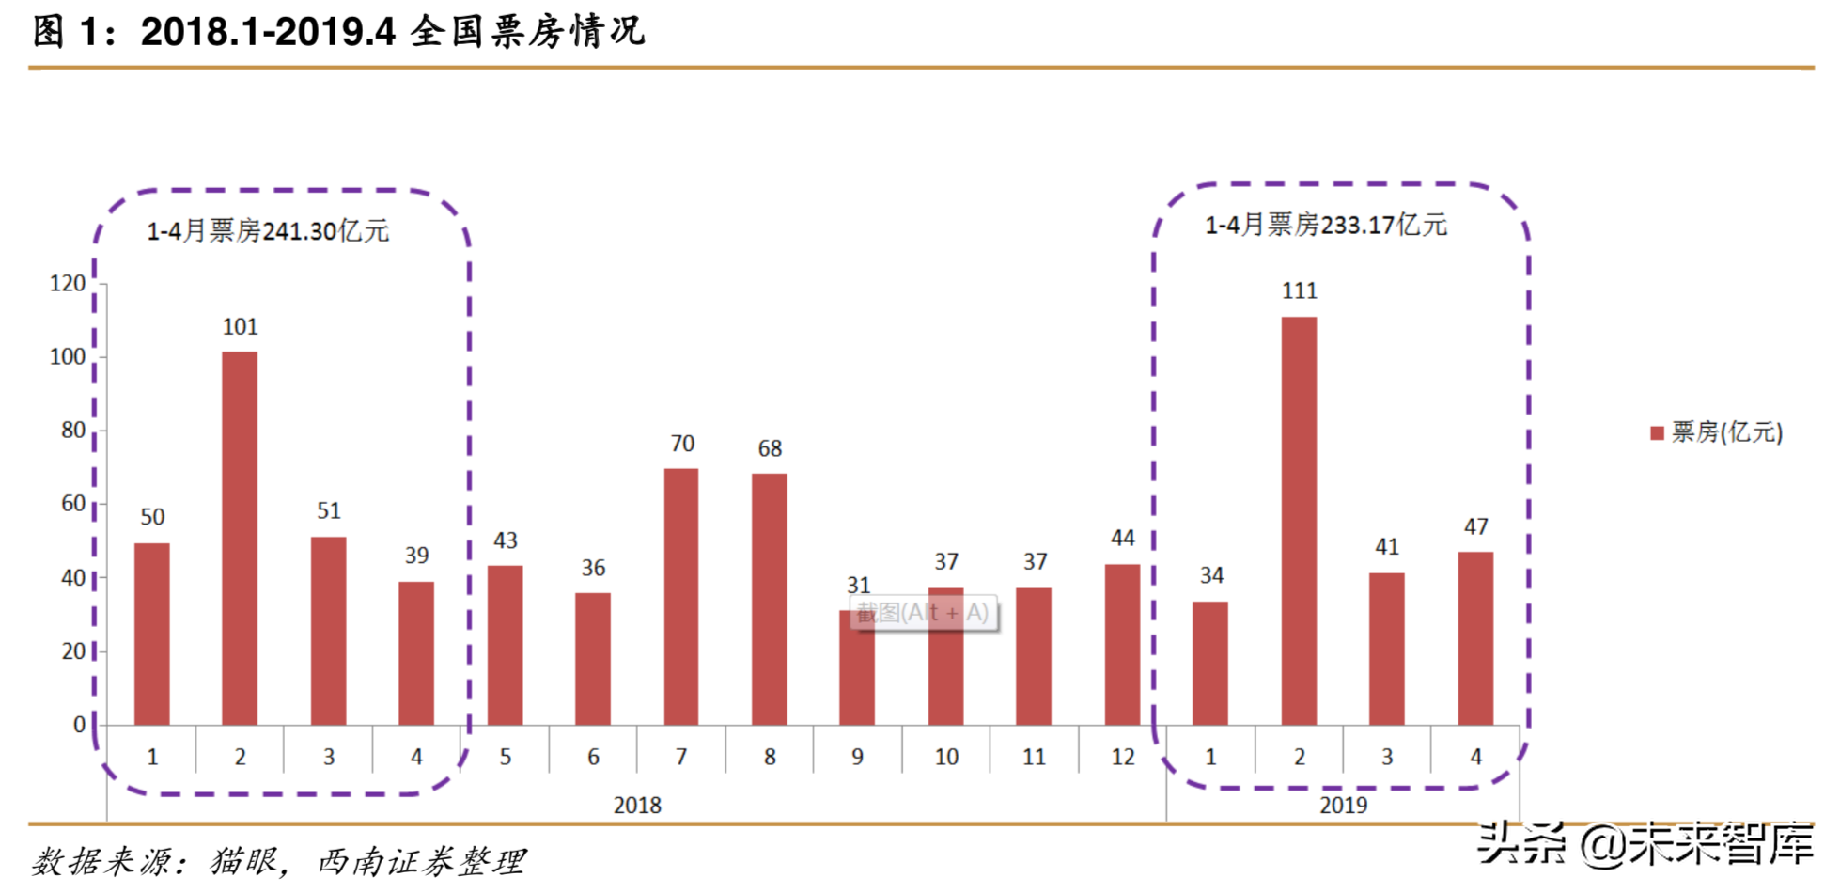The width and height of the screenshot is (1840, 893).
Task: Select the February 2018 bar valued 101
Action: point(240,538)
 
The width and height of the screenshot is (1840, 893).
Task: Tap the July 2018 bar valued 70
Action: point(681,596)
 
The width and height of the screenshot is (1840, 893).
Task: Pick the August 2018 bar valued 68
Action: point(770,599)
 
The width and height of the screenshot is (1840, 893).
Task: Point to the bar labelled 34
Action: point(1210,663)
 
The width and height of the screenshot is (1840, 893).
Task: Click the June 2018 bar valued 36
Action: point(593,658)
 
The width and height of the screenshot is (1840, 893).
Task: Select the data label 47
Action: point(1475,526)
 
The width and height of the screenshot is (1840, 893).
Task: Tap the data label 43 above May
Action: point(506,540)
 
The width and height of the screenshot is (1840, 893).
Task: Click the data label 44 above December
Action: point(1123,538)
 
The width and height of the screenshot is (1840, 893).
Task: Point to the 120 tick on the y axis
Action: point(68,283)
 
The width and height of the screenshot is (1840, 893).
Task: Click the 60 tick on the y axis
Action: point(73,504)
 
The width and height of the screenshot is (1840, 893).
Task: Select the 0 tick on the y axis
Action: point(80,725)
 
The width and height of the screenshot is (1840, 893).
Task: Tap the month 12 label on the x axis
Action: point(1123,757)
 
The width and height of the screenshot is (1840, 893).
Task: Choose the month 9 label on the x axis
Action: point(857,757)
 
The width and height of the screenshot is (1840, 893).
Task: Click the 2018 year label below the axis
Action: point(637,806)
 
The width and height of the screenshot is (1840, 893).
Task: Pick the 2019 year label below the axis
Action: point(1343,806)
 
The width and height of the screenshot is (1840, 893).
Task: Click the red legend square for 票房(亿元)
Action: point(1658,432)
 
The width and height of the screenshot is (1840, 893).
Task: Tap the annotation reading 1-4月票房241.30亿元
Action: point(268,231)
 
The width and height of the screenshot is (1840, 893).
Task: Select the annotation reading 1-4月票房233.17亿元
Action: point(1326,226)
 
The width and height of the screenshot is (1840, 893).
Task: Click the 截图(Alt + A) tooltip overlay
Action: point(923,614)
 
